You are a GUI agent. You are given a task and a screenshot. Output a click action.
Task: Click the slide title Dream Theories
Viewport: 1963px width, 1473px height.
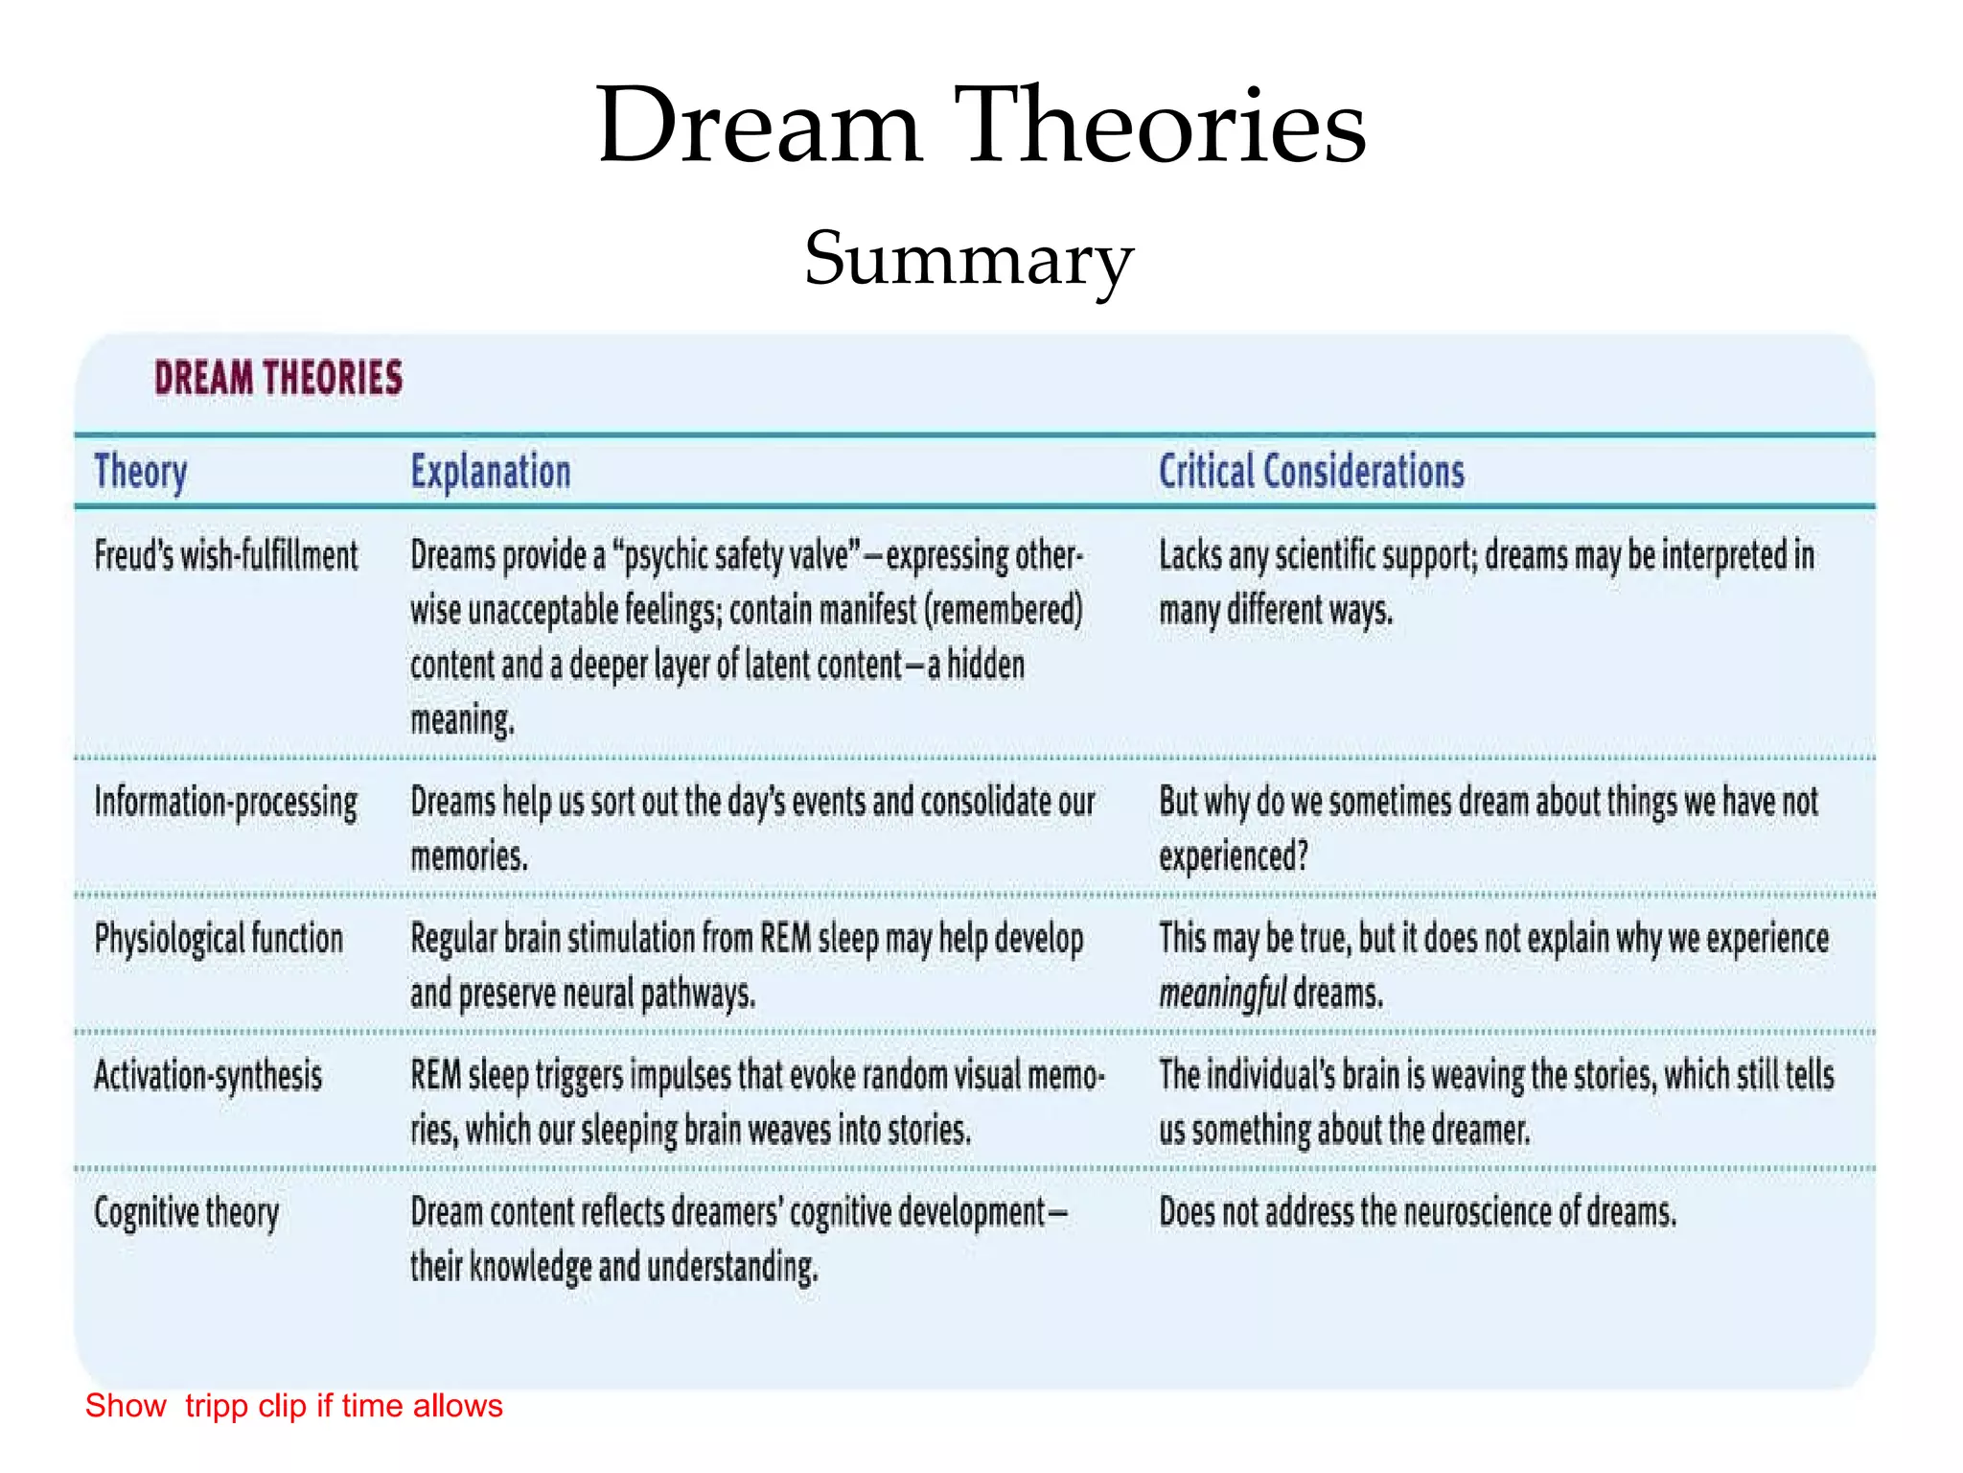(x=981, y=125)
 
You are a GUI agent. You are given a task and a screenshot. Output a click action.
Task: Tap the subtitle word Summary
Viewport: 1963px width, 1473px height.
(x=969, y=259)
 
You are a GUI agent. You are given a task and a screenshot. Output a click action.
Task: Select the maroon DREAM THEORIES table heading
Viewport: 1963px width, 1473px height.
(x=279, y=378)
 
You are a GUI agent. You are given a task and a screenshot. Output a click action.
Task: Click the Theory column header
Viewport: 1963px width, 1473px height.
(x=141, y=472)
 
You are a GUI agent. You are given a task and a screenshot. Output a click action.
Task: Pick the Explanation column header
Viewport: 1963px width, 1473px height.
(x=491, y=472)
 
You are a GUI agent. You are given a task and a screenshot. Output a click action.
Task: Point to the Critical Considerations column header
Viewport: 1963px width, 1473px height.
(x=1311, y=472)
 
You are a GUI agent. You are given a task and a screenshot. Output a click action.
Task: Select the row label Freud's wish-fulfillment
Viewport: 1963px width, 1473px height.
(x=226, y=556)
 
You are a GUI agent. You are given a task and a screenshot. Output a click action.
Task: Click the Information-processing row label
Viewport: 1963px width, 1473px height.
(x=226, y=803)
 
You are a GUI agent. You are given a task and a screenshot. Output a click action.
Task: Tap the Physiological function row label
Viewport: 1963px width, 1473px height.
(x=219, y=939)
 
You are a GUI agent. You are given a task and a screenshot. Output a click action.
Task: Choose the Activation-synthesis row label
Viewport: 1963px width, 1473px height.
(x=208, y=1076)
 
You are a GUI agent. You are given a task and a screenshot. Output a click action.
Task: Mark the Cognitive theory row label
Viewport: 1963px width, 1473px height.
(x=187, y=1213)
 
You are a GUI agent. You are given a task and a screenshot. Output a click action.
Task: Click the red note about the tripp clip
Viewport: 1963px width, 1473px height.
(x=293, y=1406)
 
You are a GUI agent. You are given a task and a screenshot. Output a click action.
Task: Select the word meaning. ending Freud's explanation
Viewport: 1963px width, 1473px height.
(x=463, y=719)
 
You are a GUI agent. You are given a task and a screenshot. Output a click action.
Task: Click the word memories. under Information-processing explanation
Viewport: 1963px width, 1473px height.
(x=470, y=856)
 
